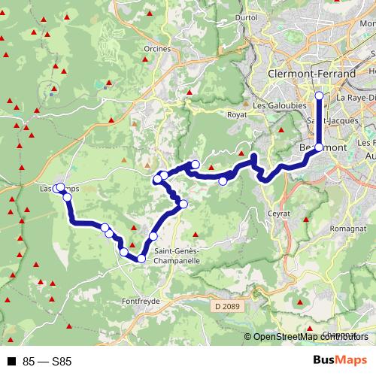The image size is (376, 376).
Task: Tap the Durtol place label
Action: (x=246, y=17)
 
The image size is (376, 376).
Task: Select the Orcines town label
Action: (x=156, y=50)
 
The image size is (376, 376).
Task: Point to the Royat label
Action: (x=237, y=115)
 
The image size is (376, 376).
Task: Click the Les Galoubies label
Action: (x=274, y=106)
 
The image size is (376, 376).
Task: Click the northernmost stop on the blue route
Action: (x=319, y=96)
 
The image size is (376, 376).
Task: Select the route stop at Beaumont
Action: (x=319, y=148)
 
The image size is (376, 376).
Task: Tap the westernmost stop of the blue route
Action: (x=59, y=189)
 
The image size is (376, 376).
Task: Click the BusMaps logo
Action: (x=339, y=360)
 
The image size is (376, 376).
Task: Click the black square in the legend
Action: (x=11, y=361)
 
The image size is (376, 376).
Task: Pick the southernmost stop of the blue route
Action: (x=141, y=259)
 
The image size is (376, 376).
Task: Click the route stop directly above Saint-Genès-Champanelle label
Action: (x=153, y=236)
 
